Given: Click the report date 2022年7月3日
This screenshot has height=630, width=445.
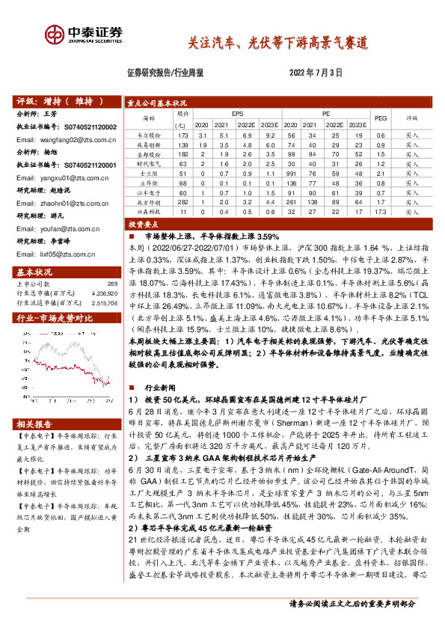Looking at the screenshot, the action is [x=315, y=73].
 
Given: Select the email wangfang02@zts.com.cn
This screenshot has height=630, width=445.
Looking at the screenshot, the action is [x=64, y=139].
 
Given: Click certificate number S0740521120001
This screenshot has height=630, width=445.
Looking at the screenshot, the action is [x=86, y=164].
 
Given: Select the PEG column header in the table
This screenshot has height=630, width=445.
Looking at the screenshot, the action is [x=380, y=117].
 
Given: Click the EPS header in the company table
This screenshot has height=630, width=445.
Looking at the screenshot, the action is [x=236, y=113].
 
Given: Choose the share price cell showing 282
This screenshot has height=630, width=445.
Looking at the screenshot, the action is [x=182, y=202].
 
